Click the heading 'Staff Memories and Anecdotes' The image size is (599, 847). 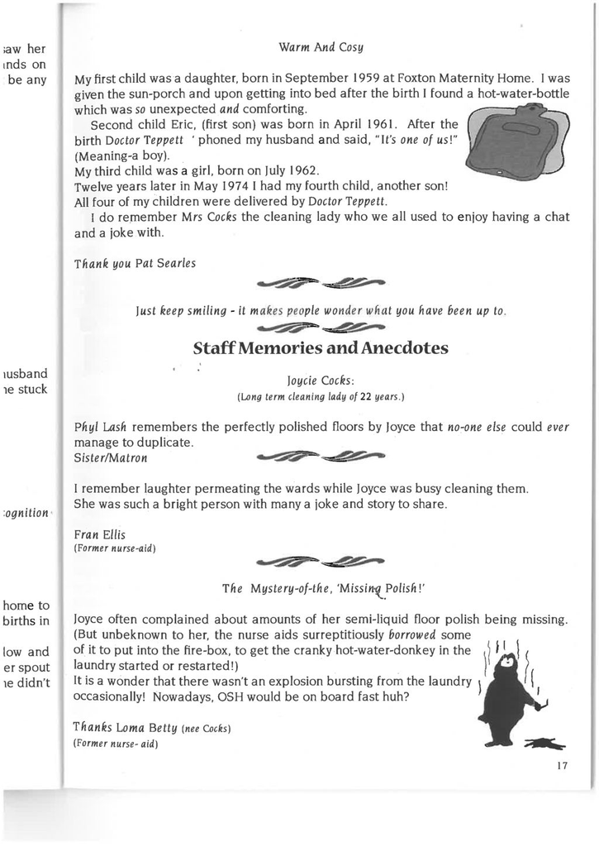pyautogui.click(x=321, y=348)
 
